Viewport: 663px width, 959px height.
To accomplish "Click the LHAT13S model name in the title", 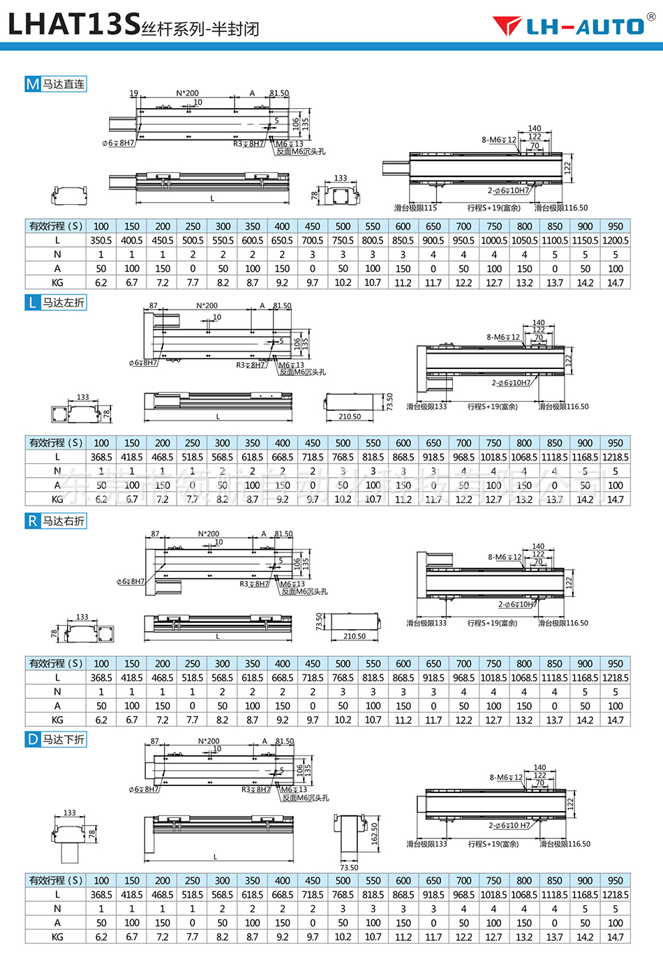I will tap(74, 24).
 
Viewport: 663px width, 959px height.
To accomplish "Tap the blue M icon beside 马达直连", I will tap(33, 84).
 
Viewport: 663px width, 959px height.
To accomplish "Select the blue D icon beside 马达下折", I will tap(33, 739).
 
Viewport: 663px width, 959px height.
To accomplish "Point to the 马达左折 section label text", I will tap(64, 303).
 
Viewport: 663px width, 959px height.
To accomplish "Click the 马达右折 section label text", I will tap(64, 521).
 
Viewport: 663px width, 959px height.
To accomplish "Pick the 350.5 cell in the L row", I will tap(101, 241).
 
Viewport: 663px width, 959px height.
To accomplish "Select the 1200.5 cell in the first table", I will tap(615, 241).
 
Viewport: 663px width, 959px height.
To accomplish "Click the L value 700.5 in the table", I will tap(313, 241).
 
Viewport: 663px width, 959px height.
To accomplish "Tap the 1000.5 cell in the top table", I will tap(494, 241).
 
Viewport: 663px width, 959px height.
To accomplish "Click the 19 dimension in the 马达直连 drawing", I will tap(134, 93).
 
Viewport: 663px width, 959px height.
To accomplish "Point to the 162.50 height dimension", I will tap(375, 834).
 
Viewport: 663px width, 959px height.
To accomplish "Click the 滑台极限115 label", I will tap(415, 208).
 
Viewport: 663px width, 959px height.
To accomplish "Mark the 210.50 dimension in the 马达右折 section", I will tap(355, 636).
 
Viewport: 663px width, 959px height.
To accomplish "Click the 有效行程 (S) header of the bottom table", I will tap(56, 880).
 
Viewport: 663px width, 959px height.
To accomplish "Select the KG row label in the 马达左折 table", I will tap(57, 499).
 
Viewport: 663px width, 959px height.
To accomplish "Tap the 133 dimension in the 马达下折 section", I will tap(70, 813).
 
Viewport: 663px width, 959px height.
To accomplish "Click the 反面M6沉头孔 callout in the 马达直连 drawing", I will tap(301, 151).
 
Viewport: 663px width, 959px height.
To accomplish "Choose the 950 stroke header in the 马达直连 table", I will tap(615, 226).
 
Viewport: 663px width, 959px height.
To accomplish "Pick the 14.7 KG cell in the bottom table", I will tap(615, 937).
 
